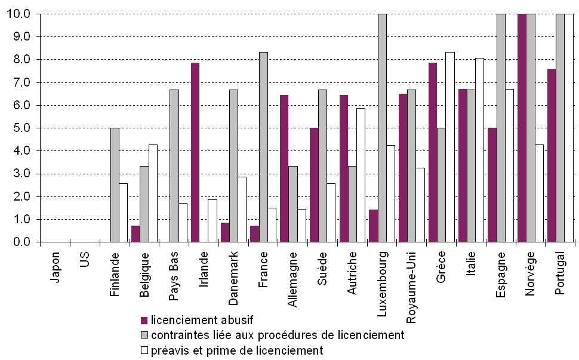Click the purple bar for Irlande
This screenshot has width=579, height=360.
195,152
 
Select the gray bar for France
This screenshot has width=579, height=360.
263,147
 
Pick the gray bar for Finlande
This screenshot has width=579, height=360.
115,185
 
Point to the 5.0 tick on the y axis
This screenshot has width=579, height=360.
37,128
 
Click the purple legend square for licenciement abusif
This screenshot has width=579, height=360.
144,319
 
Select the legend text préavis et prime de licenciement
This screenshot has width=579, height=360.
236,350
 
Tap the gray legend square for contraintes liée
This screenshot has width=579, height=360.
144,335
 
